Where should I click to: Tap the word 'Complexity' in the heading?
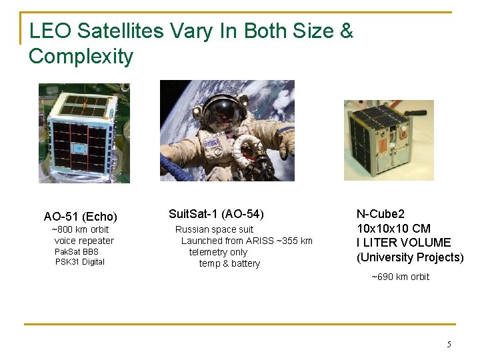tap(81, 56)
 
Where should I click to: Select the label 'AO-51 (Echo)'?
tap(80, 217)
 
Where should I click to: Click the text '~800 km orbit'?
tap(80, 229)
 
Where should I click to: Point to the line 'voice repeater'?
tap(84, 241)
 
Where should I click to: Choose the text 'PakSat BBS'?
tap(76, 251)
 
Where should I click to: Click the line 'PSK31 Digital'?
tap(79, 262)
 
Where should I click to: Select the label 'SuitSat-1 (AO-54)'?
tap(216, 214)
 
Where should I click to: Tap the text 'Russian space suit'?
tap(214, 229)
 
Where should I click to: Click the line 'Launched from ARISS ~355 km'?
tap(247, 241)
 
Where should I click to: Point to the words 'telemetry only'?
tap(218, 252)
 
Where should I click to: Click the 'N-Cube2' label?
tap(381, 214)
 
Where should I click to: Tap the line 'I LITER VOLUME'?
tap(404, 243)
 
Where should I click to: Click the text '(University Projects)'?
tap(410, 257)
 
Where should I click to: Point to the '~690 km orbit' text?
tap(400, 277)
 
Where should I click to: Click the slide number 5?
tap(449, 345)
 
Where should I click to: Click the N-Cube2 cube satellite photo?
tap(388, 140)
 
